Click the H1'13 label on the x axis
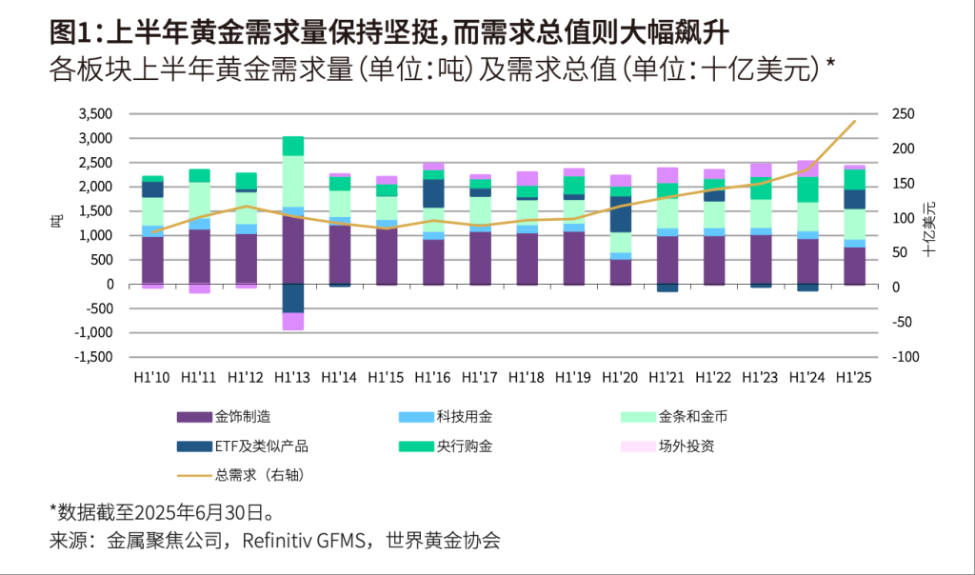tap(292, 377)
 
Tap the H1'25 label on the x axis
tap(854, 377)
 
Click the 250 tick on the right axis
tap(904, 114)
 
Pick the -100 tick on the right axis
tap(905, 357)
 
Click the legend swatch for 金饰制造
tap(194, 416)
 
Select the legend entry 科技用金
tap(464, 416)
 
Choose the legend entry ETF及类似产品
tap(262, 445)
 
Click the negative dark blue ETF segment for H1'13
tap(293, 298)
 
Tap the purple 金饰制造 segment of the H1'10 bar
tap(152, 259)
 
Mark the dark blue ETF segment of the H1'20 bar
tap(620, 214)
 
